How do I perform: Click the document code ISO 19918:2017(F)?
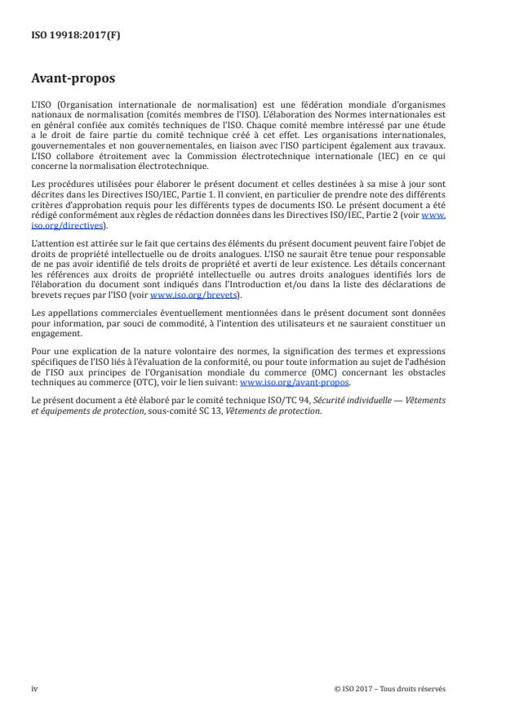tap(67, 35)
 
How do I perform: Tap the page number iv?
tap(34, 688)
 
